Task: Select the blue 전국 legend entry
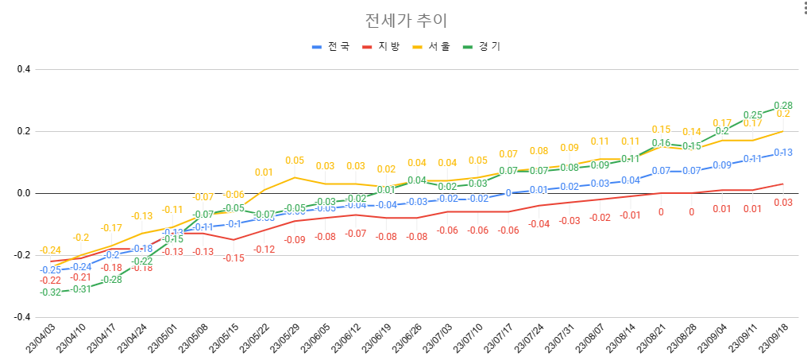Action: pyautogui.click(x=330, y=47)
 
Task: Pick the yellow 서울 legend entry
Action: pyautogui.click(x=431, y=47)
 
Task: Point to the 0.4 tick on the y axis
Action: pyautogui.click(x=23, y=69)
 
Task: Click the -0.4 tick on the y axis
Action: pyautogui.click(x=21, y=317)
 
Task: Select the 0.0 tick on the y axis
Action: pyautogui.click(x=23, y=193)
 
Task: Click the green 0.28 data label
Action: pyautogui.click(x=783, y=106)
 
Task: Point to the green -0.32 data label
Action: pyautogui.click(x=50, y=292)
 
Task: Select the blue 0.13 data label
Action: pyautogui.click(x=783, y=153)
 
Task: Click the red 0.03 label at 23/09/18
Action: pyautogui.click(x=783, y=203)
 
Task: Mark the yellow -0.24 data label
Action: pyautogui.click(x=50, y=250)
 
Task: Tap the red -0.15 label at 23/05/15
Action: pyautogui.click(x=233, y=258)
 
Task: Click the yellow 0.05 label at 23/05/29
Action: pyautogui.click(x=294, y=161)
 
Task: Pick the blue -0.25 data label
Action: pyautogui.click(x=50, y=270)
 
